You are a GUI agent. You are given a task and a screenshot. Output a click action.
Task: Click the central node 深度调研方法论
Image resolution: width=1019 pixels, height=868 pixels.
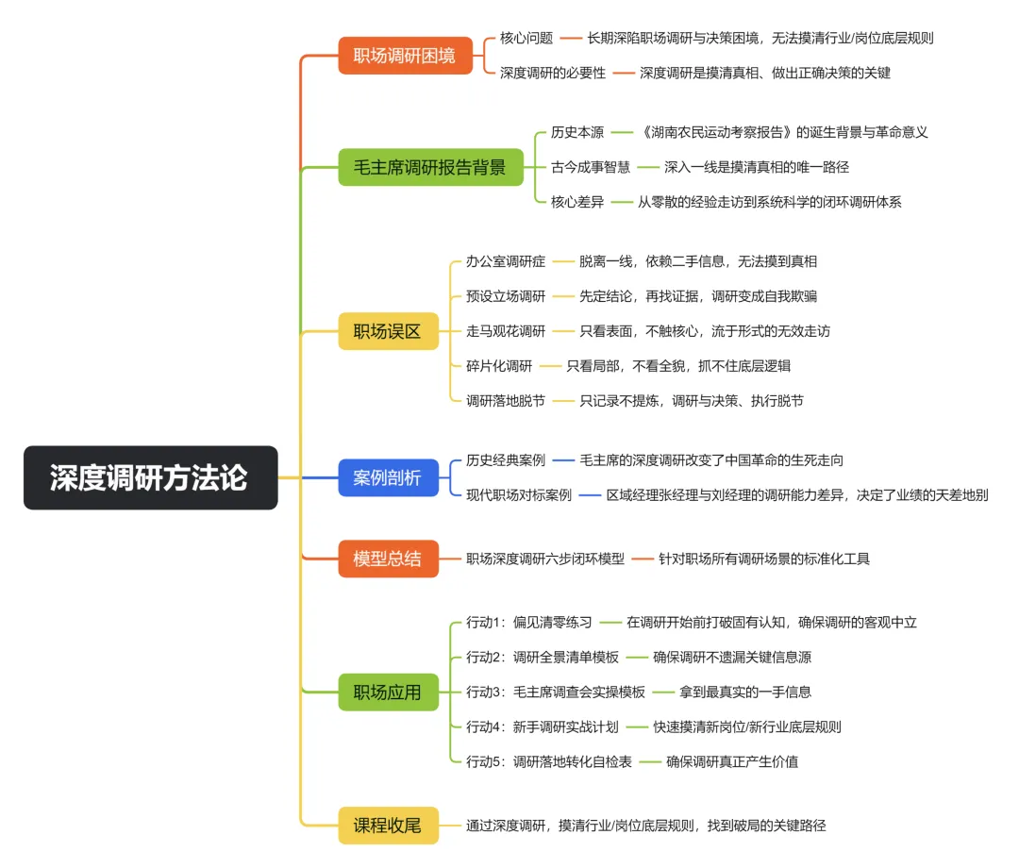point(150,477)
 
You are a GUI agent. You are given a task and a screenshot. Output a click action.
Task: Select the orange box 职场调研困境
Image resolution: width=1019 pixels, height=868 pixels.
point(404,56)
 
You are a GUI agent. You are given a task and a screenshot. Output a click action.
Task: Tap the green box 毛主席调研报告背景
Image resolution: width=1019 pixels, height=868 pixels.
point(429,168)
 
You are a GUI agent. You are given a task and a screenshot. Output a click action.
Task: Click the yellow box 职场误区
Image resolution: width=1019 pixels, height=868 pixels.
point(387,331)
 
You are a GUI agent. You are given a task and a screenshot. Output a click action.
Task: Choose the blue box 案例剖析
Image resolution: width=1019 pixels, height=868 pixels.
point(387,477)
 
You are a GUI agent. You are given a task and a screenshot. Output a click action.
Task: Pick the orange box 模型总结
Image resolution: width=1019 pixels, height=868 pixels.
point(387,559)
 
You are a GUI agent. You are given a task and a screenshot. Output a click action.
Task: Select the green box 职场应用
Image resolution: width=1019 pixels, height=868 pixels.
point(387,693)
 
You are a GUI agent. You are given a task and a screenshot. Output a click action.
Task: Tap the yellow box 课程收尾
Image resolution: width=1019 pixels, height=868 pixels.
point(387,826)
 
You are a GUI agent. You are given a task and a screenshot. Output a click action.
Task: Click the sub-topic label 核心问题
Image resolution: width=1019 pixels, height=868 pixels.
point(526,39)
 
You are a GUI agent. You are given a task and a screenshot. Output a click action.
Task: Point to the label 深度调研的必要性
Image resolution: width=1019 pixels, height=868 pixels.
point(553,73)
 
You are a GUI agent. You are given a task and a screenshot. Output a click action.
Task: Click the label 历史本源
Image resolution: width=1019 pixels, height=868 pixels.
point(577,132)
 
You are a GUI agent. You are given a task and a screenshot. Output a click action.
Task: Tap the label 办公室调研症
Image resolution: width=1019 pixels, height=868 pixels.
point(506,261)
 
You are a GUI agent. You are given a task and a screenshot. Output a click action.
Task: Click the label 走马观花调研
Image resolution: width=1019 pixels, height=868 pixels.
point(506,331)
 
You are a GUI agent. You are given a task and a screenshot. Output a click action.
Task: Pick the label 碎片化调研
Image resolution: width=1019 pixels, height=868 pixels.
point(499,366)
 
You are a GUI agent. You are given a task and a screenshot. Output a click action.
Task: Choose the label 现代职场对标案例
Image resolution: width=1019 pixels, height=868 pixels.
point(519,494)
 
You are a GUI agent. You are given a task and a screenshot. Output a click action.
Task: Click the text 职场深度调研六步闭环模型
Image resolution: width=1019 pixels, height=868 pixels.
point(545,559)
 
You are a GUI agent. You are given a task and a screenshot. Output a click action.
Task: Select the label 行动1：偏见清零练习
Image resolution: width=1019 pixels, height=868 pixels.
point(529,623)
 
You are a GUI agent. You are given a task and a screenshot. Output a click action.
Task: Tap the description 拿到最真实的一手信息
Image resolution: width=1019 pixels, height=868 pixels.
point(745,693)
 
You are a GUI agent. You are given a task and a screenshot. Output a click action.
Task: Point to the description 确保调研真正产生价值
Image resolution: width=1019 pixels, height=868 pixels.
point(732,761)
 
